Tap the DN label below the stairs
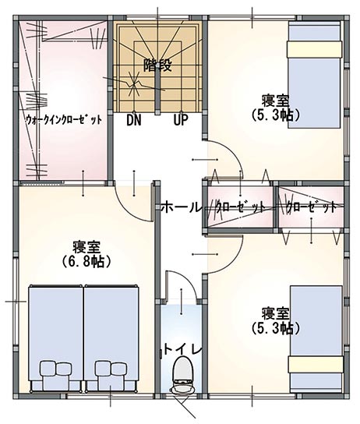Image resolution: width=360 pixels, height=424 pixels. click(134, 120)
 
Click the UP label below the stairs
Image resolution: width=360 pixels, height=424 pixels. click(181, 120)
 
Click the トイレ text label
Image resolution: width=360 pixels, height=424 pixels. click(183, 350)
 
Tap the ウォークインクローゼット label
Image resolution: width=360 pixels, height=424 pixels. click(65, 120)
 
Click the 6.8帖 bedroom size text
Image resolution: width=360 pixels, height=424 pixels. click(86, 261)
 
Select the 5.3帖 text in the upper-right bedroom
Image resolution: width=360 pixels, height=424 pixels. click(276, 115)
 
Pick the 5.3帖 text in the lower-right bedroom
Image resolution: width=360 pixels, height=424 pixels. click(276, 328)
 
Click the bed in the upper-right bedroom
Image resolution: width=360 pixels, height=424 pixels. click(314, 75)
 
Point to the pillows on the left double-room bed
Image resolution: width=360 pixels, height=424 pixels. click(56, 369)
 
